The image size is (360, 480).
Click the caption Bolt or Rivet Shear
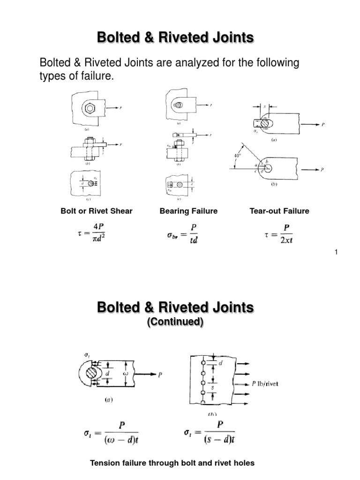click(97, 211)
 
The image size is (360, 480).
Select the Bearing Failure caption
click(188, 211)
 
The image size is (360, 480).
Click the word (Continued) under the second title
click(175, 322)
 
